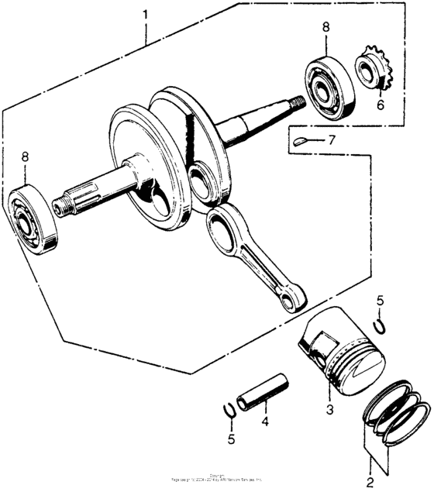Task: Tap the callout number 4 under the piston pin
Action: [264, 422]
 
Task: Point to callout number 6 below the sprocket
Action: [380, 105]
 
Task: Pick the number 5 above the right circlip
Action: [380, 301]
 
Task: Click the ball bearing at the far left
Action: [34, 218]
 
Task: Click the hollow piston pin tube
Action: [263, 395]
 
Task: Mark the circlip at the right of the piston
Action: [379, 325]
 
